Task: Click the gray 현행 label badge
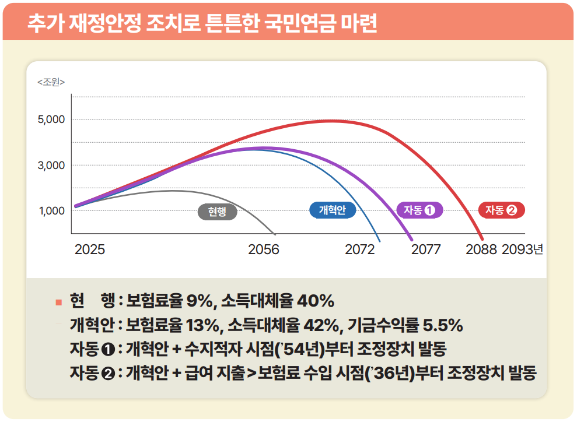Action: pyautogui.click(x=218, y=212)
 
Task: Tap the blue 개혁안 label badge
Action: pyautogui.click(x=332, y=210)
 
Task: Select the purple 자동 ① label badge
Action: pyautogui.click(x=419, y=210)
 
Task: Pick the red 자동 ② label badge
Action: pyautogui.click(x=501, y=210)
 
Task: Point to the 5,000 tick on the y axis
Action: pyautogui.click(x=52, y=120)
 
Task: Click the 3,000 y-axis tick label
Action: pyautogui.click(x=52, y=166)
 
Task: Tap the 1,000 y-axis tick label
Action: pyautogui.click(x=52, y=211)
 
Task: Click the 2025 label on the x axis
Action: pyautogui.click(x=90, y=250)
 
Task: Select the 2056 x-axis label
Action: pyautogui.click(x=264, y=250)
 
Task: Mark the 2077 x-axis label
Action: pyautogui.click(x=426, y=250)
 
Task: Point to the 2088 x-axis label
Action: pyautogui.click(x=481, y=250)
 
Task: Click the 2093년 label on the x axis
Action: pyautogui.click(x=522, y=250)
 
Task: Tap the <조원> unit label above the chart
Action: pyautogui.click(x=51, y=82)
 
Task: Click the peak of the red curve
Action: pyautogui.click(x=331, y=121)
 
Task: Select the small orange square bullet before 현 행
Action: pyautogui.click(x=58, y=302)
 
